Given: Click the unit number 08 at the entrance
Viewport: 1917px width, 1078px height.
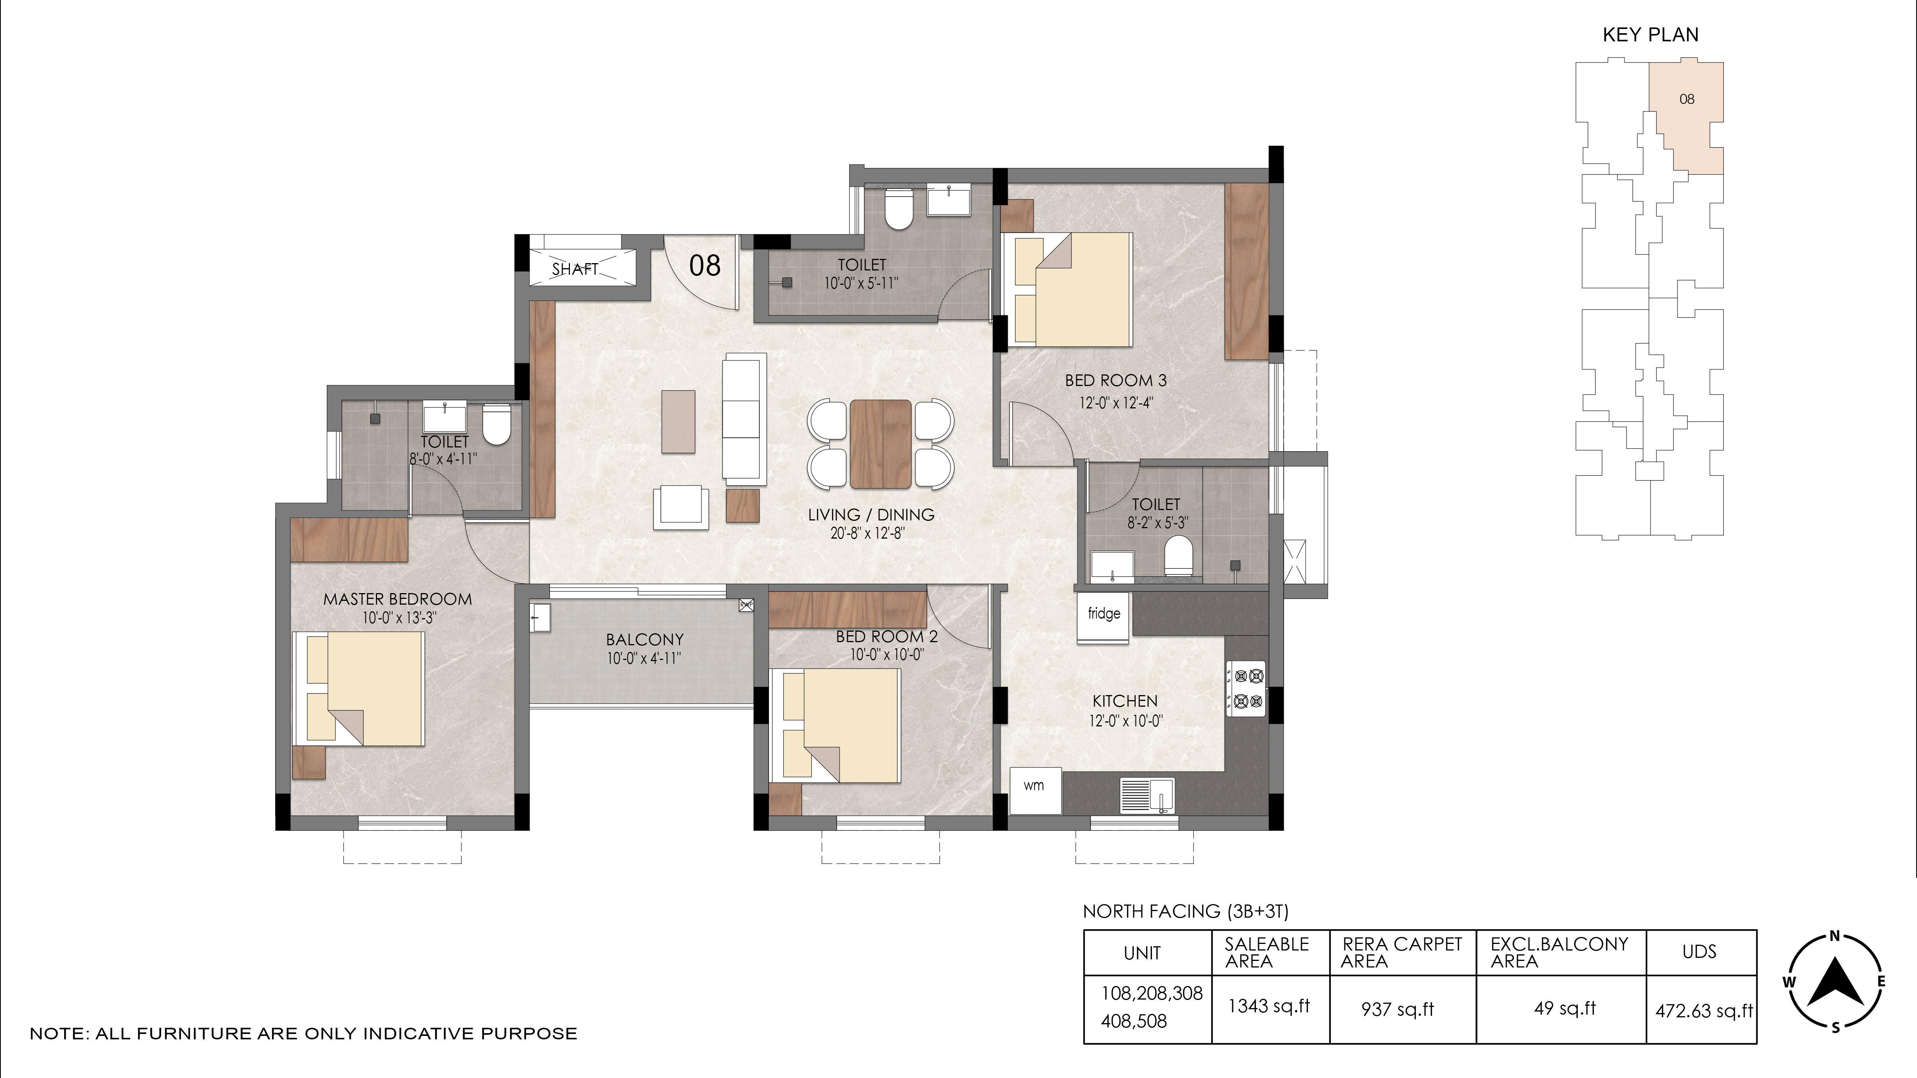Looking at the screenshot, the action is pyautogui.click(x=705, y=265).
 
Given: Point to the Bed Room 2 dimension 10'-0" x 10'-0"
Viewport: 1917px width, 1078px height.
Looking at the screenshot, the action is pyautogui.click(x=886, y=655).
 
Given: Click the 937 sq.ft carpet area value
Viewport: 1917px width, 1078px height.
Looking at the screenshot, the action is pyautogui.click(x=1398, y=1010).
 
